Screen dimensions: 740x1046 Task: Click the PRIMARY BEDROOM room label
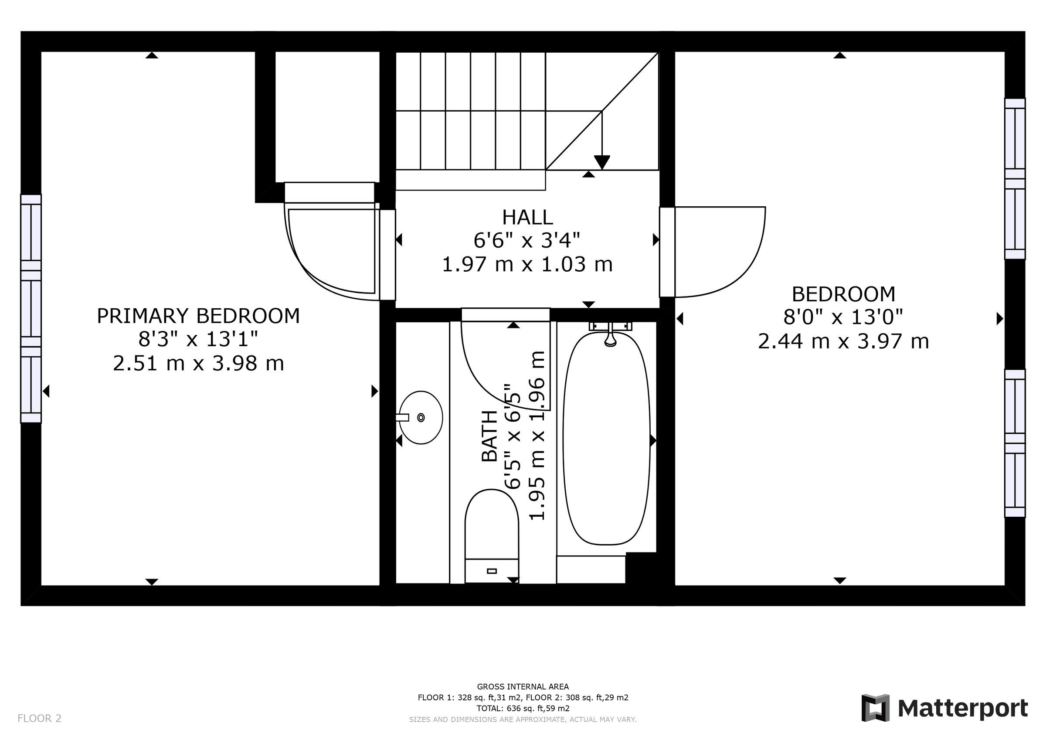click(198, 316)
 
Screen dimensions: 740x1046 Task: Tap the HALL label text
click(527, 218)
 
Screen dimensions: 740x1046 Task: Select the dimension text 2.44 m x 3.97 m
click(843, 341)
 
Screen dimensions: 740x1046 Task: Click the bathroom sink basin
click(421, 417)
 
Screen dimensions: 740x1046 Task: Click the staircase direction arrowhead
click(602, 162)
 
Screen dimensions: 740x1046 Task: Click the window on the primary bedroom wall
click(31, 309)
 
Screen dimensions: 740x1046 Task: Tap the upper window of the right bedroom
click(1015, 179)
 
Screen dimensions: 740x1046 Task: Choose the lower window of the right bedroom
click(1015, 443)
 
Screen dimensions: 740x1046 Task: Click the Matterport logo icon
click(875, 708)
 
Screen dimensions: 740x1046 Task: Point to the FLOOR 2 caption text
click(39, 719)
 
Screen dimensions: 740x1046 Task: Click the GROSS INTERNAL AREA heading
click(523, 687)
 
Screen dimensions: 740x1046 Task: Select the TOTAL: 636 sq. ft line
click(523, 709)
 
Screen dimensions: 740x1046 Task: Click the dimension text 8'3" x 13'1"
click(198, 339)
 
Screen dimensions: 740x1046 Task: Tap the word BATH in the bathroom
click(490, 436)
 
